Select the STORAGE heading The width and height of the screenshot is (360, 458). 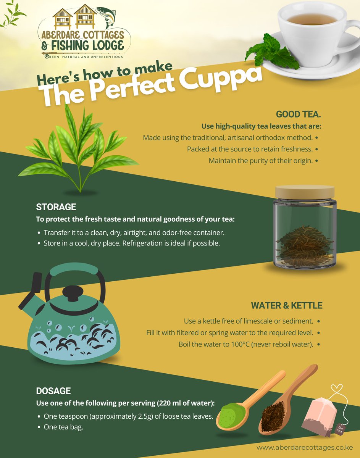(x=56, y=207)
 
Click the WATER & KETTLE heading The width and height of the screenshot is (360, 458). (x=286, y=305)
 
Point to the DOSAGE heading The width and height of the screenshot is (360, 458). (x=53, y=391)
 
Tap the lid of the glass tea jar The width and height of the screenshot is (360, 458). (x=304, y=191)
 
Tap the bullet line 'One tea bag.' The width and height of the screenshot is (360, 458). (x=63, y=427)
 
